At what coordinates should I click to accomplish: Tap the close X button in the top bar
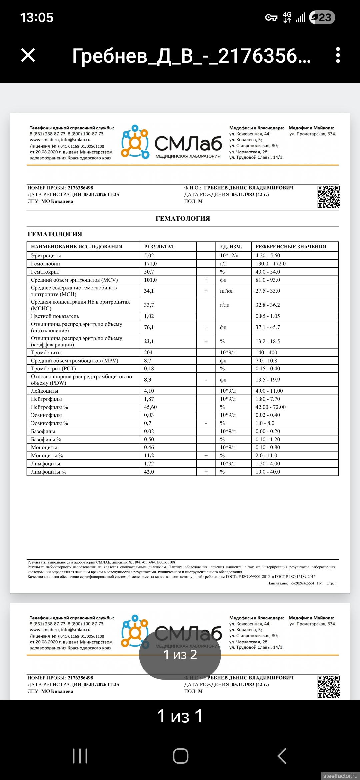tap(28, 55)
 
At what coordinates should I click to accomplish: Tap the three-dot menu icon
tap(338, 55)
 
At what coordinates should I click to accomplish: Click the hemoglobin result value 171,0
tap(150, 264)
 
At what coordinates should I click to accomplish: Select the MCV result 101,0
tap(150, 280)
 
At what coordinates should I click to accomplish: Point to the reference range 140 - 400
tap(266, 352)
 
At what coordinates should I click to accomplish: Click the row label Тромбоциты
tap(46, 352)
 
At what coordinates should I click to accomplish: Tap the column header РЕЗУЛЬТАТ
tap(159, 247)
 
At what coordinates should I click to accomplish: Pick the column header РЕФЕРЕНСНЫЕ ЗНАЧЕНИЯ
tap(291, 247)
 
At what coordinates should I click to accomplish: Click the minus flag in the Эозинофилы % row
tap(206, 423)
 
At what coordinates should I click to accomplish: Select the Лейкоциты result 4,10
tap(149, 391)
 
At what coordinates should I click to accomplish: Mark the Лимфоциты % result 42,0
tap(149, 472)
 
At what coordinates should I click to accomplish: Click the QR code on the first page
tap(328, 197)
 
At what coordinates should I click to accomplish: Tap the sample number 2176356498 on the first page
tap(80, 188)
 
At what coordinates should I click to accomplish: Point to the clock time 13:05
tap(37, 17)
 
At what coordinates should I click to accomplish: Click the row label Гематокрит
tap(45, 272)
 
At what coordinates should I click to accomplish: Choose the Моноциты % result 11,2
tap(149, 456)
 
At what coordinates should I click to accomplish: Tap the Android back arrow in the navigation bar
tap(282, 756)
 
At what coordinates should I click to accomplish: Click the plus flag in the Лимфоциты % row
tap(206, 472)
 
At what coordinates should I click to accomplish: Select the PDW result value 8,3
tap(148, 380)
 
